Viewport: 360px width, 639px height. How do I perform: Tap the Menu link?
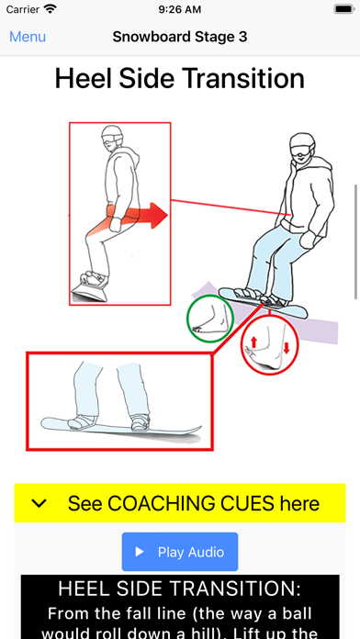point(28,37)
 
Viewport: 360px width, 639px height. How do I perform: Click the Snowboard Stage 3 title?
point(180,37)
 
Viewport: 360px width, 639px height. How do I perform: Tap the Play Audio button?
point(180,552)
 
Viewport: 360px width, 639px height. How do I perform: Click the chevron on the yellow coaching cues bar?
point(39,504)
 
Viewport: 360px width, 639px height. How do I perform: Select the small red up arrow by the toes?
point(253,342)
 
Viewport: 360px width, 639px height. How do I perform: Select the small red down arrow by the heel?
point(287,348)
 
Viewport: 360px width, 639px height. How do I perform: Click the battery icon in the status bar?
point(344,9)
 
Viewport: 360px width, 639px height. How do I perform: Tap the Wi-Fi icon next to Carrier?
point(51,9)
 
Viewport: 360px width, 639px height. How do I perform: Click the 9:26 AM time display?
point(180,9)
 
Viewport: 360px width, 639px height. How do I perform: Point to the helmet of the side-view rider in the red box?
point(112,134)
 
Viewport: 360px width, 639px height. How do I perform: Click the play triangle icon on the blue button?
point(140,552)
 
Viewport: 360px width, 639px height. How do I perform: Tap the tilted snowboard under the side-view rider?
point(90,292)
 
